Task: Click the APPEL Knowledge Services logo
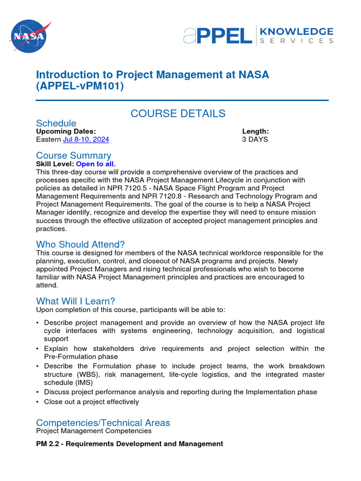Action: [x=258, y=35]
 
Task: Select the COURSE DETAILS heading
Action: [x=178, y=114]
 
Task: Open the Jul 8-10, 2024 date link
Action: [x=86, y=140]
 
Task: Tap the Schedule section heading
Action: [x=56, y=124]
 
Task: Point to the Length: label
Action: [x=255, y=132]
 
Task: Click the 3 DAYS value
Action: [x=255, y=140]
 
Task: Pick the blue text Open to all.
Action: [x=96, y=164]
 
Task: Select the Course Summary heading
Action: [x=74, y=155]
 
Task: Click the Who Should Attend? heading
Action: [x=80, y=244]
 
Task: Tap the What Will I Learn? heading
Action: [x=75, y=301]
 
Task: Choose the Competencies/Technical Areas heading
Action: [x=103, y=423]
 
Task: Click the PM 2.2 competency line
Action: [x=130, y=444]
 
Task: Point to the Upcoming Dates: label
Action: [x=66, y=132]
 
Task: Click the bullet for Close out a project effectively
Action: [x=38, y=402]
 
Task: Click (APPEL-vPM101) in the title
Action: [x=80, y=87]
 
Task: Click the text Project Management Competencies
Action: [x=94, y=431]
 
